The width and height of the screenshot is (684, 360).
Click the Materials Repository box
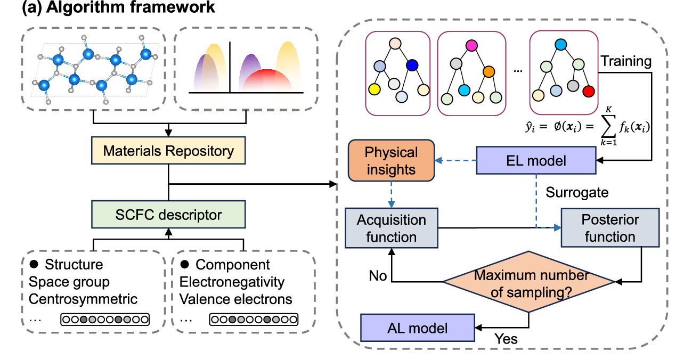(168, 151)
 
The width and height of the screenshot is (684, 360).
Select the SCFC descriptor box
(168, 216)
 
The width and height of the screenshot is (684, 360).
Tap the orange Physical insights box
(391, 160)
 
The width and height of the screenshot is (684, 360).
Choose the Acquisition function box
(391, 228)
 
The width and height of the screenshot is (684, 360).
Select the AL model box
(417, 327)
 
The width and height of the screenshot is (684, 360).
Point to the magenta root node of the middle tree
(471, 45)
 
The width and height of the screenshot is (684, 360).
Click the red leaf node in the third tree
(588, 92)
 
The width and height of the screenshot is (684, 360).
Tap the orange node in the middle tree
(490, 71)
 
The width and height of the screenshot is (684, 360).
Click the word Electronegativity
(232, 282)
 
